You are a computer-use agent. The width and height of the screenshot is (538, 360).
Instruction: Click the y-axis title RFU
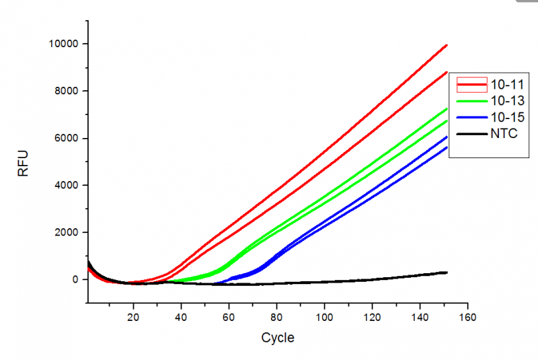(x=24, y=162)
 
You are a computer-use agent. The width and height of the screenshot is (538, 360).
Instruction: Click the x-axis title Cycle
(x=278, y=337)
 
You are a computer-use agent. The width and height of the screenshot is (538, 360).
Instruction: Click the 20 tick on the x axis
(x=134, y=316)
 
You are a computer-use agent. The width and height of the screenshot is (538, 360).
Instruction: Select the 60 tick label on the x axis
(x=229, y=316)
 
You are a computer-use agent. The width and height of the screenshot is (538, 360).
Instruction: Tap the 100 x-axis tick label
(x=325, y=316)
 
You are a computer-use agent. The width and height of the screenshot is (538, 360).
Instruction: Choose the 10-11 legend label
(x=505, y=84)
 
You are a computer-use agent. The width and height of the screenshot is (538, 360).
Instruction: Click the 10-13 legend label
(x=505, y=101)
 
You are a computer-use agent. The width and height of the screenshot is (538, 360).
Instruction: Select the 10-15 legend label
(x=505, y=118)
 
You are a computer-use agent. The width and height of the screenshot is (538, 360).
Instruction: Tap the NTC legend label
(x=503, y=135)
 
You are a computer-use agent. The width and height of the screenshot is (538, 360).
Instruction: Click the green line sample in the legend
(x=472, y=101)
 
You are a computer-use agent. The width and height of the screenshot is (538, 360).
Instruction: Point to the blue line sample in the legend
(x=472, y=118)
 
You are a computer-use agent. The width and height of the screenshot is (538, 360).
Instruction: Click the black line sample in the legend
(x=472, y=135)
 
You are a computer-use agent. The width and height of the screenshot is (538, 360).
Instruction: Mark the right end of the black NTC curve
(x=447, y=272)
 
